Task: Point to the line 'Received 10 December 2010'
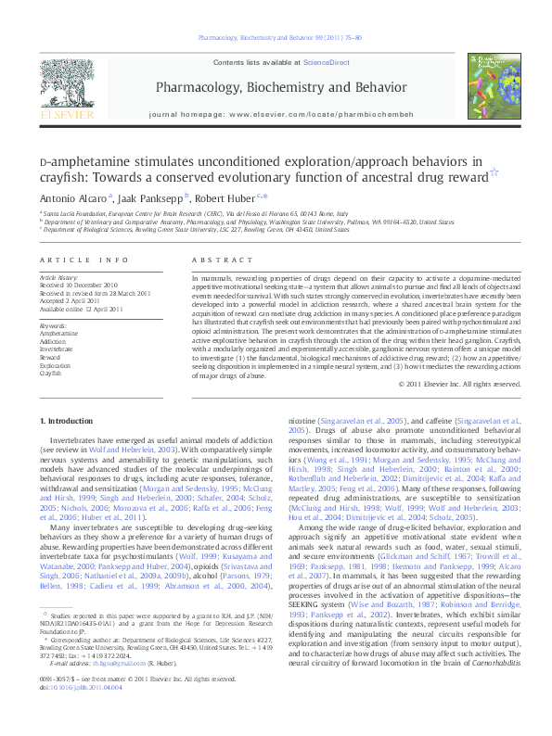[78, 285]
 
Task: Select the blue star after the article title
[467, 172]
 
